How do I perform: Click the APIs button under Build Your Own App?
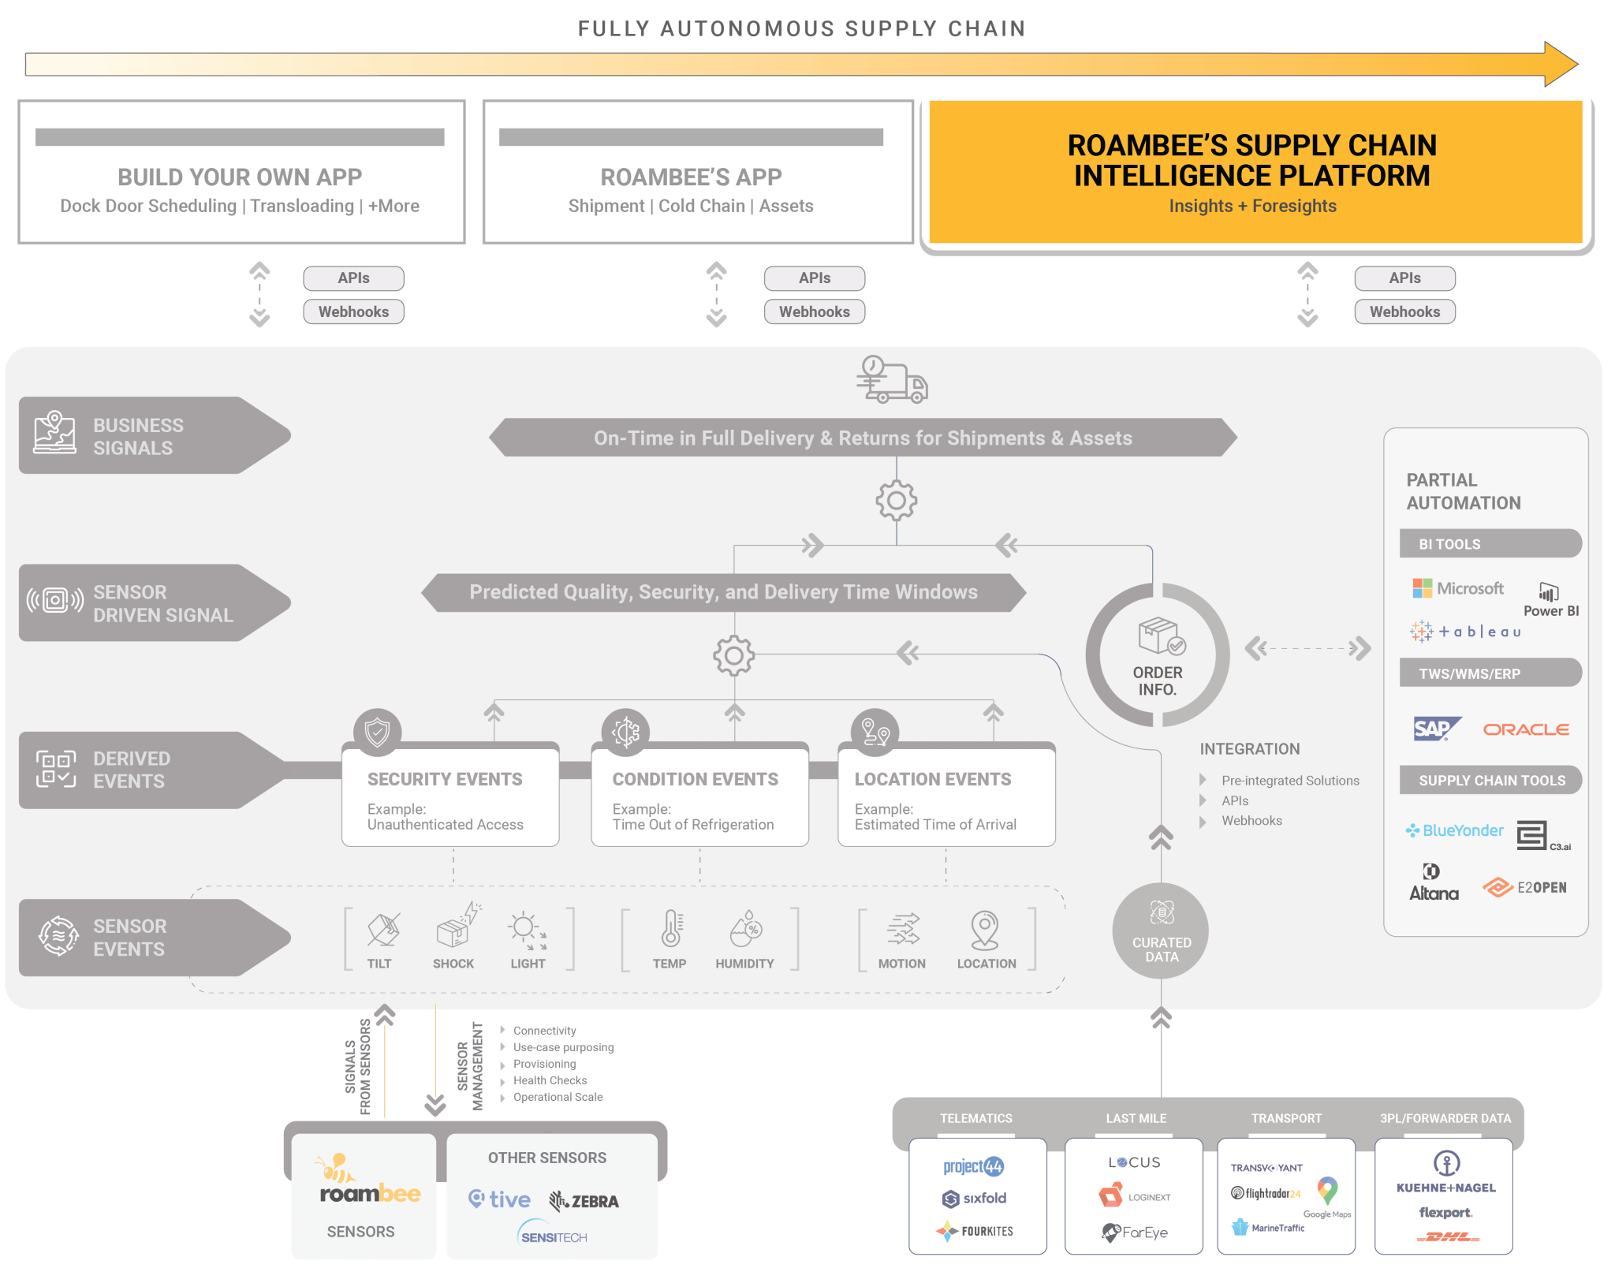pos(353,278)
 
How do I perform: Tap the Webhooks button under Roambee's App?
pos(814,311)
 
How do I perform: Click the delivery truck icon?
pos(893,379)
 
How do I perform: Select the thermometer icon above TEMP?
pos(671,928)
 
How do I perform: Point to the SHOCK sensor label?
pos(453,964)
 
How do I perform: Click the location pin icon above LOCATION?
pos(985,930)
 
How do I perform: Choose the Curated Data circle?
pos(1161,931)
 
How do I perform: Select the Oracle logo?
pos(1526,729)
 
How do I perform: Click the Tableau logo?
pos(1465,631)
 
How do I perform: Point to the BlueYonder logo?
pos(1454,830)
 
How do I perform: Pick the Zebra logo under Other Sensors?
pos(584,1201)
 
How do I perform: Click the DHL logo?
pos(1448,1236)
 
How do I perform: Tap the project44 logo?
pos(974,1166)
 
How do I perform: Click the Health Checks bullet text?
pos(550,1080)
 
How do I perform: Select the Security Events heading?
pos(445,779)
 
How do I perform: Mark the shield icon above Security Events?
pos(378,732)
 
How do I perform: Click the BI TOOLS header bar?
pos(1490,543)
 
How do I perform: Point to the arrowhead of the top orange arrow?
pos(1577,64)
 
